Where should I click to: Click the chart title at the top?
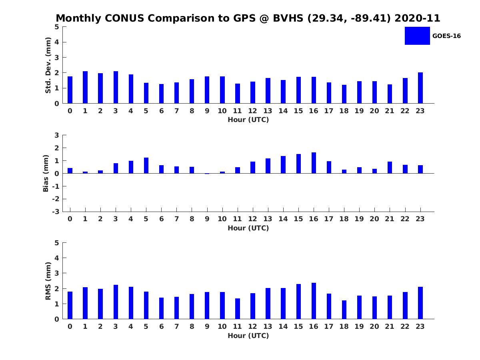click(248, 18)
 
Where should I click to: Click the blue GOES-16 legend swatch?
click(417, 36)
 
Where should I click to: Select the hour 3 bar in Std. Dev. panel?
click(116, 87)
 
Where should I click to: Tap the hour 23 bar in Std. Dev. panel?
click(420, 88)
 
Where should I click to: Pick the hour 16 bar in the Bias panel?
click(314, 163)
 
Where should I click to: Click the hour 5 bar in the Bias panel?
click(146, 166)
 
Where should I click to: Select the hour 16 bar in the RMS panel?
click(314, 301)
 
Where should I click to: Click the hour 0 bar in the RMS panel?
click(70, 305)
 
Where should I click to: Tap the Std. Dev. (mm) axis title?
click(48, 65)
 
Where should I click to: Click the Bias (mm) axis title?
click(46, 173)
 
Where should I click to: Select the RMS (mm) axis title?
click(48, 281)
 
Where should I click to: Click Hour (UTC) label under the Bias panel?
click(248, 228)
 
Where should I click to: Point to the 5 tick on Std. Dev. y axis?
click(57, 27)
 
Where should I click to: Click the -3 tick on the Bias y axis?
click(56, 212)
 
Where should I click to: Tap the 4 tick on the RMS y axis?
click(57, 258)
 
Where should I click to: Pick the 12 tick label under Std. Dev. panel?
click(253, 111)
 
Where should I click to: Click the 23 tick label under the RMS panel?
click(420, 326)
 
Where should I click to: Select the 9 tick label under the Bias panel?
click(207, 219)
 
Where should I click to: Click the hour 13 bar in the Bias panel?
click(268, 166)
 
